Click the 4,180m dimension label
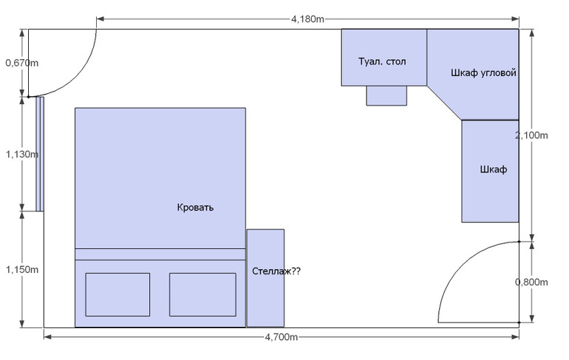pyautogui.click(x=307, y=19)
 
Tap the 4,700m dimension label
pyautogui.click(x=282, y=337)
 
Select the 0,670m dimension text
pyautogui.click(x=21, y=63)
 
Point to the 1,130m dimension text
pyautogui.click(x=21, y=154)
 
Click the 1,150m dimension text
pyautogui.click(x=21, y=270)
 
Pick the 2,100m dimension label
pyautogui.click(x=531, y=135)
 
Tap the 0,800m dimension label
pyautogui.click(x=531, y=282)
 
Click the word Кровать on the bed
pyautogui.click(x=195, y=208)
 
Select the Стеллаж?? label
pyautogui.click(x=276, y=271)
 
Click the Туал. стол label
pyautogui.click(x=382, y=61)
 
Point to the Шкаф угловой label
pyautogui.click(x=483, y=73)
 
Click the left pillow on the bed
pyautogui.click(x=117, y=294)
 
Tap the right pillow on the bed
pyautogui.click(x=202, y=294)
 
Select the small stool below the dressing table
pyautogui.click(x=386, y=96)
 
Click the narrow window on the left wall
pyautogui.click(x=40, y=154)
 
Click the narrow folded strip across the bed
pyautogui.click(x=160, y=254)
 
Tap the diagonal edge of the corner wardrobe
pyautogui.click(x=444, y=103)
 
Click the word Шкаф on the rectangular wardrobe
pyautogui.click(x=494, y=169)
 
